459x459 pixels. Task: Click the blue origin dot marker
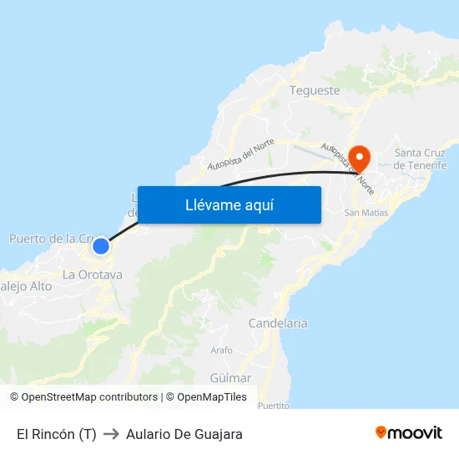[100, 245]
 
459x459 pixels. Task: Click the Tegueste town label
[315, 90]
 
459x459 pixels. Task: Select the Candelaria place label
[278, 323]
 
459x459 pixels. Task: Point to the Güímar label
[230, 378]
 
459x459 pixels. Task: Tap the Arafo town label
[221, 351]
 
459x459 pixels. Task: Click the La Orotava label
[93, 275]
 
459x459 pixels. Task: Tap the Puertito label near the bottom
[274, 406]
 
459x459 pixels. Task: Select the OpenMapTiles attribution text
[212, 397]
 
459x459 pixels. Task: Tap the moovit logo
[409, 433]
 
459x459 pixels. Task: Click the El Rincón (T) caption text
[57, 434]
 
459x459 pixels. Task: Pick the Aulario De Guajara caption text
[184, 434]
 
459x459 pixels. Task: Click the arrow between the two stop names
[111, 434]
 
